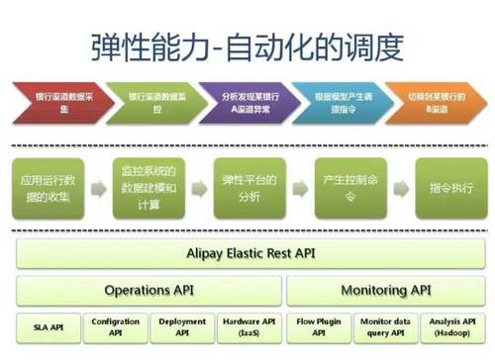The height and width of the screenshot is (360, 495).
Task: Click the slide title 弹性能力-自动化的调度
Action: [x=247, y=45]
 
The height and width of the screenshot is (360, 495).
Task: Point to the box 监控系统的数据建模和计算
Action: [x=147, y=187]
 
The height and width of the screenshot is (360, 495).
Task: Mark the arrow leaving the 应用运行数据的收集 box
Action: [x=96, y=187]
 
